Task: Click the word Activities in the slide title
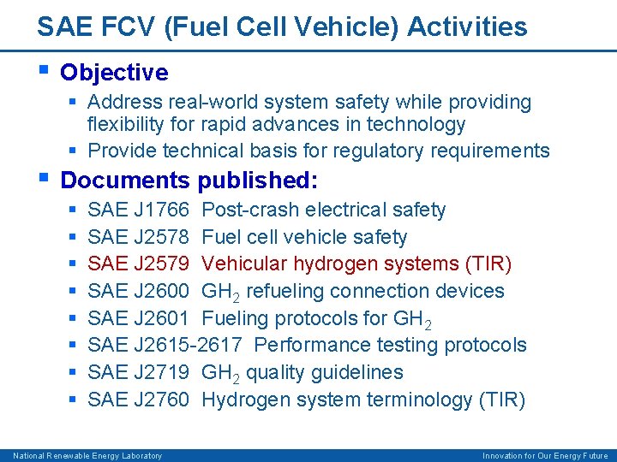pyautogui.click(x=468, y=27)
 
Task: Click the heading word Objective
pyautogui.click(x=114, y=72)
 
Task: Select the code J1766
pyautogui.click(x=161, y=210)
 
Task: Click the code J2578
pyautogui.click(x=161, y=237)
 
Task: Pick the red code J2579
pyautogui.click(x=161, y=264)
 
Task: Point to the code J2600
pyautogui.click(x=161, y=291)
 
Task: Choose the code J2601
pyautogui.click(x=161, y=318)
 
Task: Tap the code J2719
pyautogui.click(x=161, y=372)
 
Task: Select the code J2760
pyautogui.click(x=161, y=400)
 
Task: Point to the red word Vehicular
pyautogui.click(x=244, y=264)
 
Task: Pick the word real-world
pyautogui.click(x=220, y=102)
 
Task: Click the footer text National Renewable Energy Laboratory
pyautogui.click(x=87, y=456)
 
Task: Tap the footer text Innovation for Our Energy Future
pyautogui.click(x=545, y=456)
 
